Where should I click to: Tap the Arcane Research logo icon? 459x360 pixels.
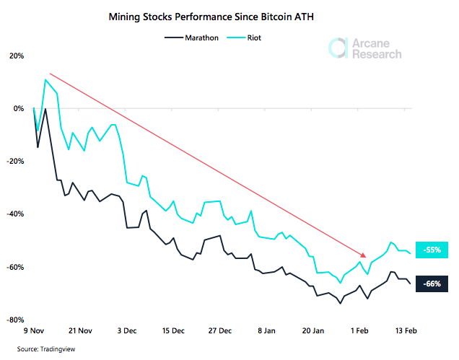(336, 48)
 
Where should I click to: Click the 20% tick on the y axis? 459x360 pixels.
(15, 56)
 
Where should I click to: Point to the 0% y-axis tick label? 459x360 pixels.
(18, 108)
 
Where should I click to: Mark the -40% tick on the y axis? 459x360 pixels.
(15, 214)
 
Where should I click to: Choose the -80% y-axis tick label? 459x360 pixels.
(15, 320)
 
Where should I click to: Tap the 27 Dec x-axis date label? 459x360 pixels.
(221, 330)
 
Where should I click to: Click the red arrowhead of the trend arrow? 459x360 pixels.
(363, 255)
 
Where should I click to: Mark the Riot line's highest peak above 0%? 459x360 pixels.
(45, 79)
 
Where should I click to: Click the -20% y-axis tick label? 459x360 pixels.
(15, 161)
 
